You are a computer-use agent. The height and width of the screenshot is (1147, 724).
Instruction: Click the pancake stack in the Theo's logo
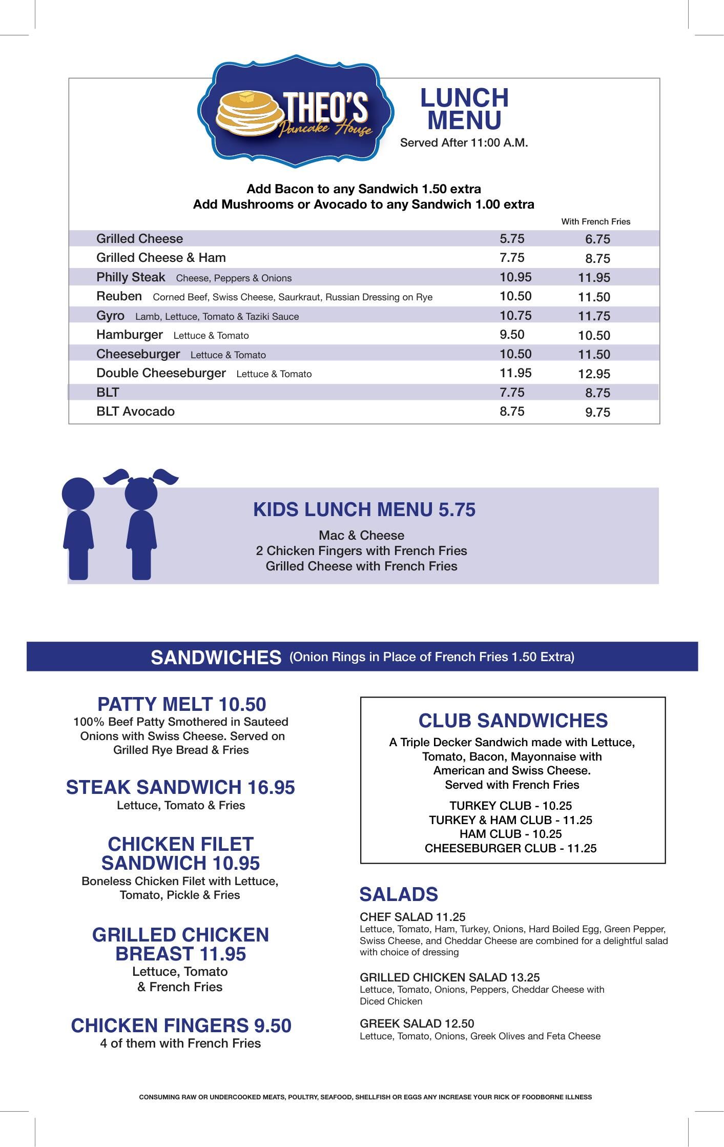coord(248,114)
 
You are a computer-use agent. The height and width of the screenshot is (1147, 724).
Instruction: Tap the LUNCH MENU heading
coord(464,109)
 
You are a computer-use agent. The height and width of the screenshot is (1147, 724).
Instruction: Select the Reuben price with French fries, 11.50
coord(594,297)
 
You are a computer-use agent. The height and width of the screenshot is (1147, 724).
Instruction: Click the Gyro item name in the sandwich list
coord(110,316)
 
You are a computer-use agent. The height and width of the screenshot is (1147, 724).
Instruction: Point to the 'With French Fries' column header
coord(595,222)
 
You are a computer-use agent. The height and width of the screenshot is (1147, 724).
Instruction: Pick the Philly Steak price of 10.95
coord(515,277)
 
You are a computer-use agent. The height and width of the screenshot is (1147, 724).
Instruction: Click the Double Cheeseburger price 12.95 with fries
coord(594,374)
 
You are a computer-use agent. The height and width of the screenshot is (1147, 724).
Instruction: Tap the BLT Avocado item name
coord(135,412)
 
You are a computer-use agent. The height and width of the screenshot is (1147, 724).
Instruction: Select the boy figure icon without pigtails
coord(78,528)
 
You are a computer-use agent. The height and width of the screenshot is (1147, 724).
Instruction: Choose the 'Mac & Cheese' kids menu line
coord(361,536)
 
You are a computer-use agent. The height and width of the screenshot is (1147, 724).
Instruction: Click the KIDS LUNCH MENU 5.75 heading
coord(364,510)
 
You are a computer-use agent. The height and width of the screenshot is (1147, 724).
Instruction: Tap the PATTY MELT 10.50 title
coord(181,705)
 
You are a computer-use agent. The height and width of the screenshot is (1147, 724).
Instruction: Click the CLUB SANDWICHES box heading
coord(513,721)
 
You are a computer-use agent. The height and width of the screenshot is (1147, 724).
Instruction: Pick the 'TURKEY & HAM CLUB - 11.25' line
coord(510,820)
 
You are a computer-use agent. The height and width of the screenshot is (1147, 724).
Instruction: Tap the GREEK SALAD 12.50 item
coord(417,1024)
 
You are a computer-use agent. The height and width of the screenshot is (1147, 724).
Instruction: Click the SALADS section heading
coord(399,894)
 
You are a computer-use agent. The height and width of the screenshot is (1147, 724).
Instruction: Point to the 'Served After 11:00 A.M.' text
coord(464,143)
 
